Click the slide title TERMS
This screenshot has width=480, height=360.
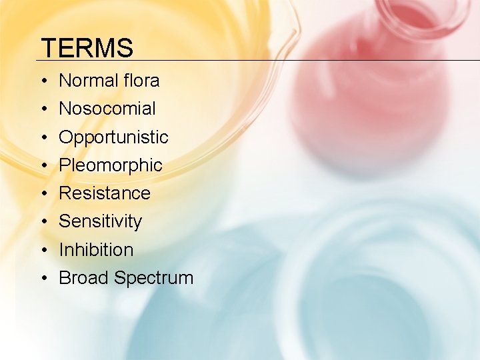pyautogui.click(x=87, y=48)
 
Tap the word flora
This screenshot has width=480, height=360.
pyautogui.click(x=140, y=81)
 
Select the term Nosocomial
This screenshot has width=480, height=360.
pyautogui.click(x=107, y=109)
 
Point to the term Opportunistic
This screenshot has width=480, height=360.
pyautogui.click(x=113, y=137)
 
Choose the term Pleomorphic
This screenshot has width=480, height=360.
pyautogui.click(x=111, y=165)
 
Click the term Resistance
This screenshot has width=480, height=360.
pyautogui.click(x=105, y=193)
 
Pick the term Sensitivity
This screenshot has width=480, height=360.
pyautogui.click(x=101, y=221)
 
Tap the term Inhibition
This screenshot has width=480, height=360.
pyautogui.click(x=96, y=250)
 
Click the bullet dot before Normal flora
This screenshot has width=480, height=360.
pyautogui.click(x=43, y=81)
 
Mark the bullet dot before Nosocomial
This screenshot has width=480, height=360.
pyautogui.click(x=43, y=109)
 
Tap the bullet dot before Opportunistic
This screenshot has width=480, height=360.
pyautogui.click(x=43, y=138)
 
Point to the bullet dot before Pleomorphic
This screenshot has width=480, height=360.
pyautogui.click(x=43, y=166)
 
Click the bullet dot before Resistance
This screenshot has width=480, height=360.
pyautogui.click(x=43, y=194)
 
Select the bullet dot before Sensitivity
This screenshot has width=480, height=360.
pyautogui.click(x=43, y=222)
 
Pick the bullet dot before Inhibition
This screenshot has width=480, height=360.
pyautogui.click(x=43, y=251)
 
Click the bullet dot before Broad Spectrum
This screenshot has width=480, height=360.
pyautogui.click(x=43, y=279)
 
